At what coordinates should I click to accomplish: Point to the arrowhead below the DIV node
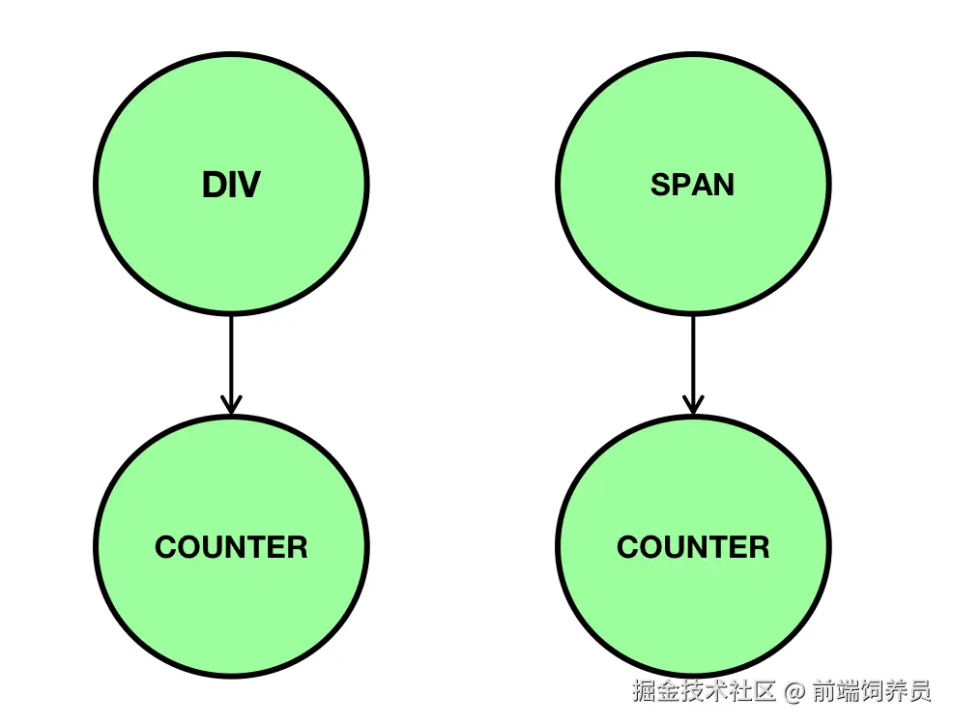click(231, 405)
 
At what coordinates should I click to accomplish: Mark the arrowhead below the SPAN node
click(692, 405)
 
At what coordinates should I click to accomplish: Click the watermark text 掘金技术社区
click(705, 692)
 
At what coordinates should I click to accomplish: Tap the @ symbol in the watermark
click(794, 692)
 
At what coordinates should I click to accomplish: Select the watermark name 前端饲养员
click(871, 692)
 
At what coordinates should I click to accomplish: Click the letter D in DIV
click(213, 185)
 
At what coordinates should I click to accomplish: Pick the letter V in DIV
click(248, 185)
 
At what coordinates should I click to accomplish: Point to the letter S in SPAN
click(660, 185)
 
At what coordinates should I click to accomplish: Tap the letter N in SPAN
click(723, 185)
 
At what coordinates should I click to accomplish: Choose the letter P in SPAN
click(679, 185)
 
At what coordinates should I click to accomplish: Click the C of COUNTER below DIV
click(166, 547)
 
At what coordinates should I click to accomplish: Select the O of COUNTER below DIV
click(188, 547)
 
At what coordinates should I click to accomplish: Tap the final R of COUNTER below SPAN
click(759, 547)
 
